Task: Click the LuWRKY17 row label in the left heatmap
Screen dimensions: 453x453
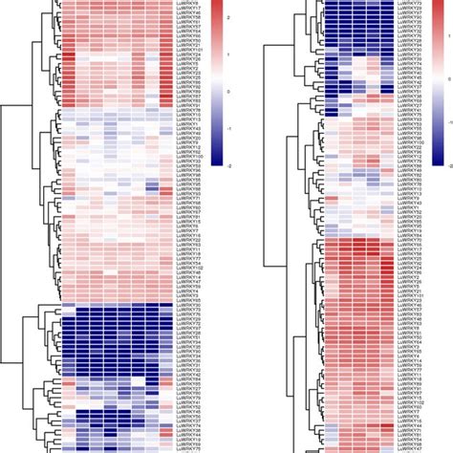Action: (189, 8)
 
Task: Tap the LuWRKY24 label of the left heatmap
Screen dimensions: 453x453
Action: (189, 54)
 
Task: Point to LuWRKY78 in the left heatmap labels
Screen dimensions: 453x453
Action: (189, 110)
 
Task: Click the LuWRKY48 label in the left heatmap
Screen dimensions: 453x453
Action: (189, 272)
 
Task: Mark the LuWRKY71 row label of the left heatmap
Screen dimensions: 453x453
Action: (189, 198)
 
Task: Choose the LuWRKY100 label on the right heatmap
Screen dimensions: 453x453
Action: (411, 142)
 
